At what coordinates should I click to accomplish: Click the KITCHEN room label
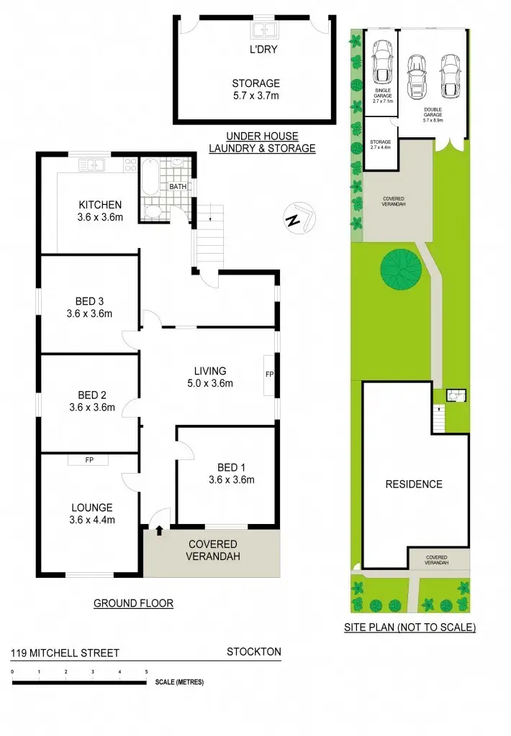[100, 205]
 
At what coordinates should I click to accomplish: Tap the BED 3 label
[91, 301]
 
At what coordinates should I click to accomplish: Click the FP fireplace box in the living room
[269, 375]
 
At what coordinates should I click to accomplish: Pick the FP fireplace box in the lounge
[89, 459]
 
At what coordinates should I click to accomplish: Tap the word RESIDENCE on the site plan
[414, 484]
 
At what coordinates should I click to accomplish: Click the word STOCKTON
[253, 653]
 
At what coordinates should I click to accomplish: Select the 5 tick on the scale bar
[147, 672]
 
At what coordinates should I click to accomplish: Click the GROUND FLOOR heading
[133, 604]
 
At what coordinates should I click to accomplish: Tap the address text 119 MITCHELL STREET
[65, 653]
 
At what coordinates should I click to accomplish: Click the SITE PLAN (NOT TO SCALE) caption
[410, 627]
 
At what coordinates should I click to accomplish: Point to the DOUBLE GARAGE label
[433, 113]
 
